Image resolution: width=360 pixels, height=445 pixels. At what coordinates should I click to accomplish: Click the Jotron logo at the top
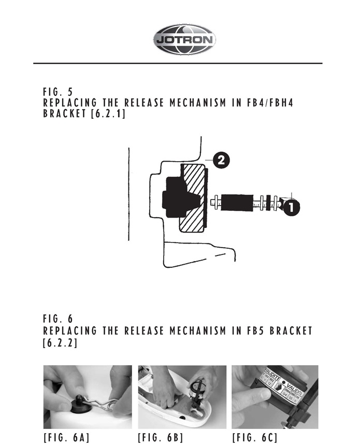point(184,39)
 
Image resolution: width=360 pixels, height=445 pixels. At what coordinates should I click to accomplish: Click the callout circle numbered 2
point(221,161)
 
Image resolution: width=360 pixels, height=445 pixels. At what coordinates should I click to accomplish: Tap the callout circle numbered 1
point(291,208)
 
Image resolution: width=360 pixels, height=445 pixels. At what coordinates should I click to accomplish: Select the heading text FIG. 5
point(58,92)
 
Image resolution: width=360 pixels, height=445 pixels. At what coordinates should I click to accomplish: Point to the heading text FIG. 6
point(58,319)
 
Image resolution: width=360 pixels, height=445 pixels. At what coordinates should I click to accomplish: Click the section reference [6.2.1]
point(108,113)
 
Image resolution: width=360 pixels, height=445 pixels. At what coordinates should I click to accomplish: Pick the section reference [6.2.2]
point(60,342)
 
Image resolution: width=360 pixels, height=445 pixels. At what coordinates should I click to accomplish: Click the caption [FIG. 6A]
point(67,438)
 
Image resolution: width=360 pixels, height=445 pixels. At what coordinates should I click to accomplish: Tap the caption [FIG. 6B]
point(161,438)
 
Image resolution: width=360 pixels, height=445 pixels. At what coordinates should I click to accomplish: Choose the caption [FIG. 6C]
point(255,438)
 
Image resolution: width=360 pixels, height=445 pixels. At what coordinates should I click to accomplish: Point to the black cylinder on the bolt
point(237,203)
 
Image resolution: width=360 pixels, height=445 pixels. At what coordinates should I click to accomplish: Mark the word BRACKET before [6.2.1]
point(65,113)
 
